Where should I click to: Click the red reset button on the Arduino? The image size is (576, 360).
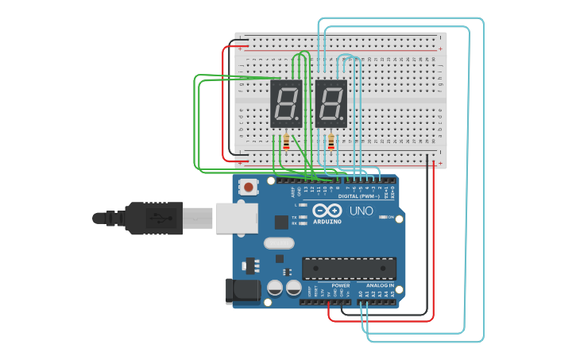click(249, 188)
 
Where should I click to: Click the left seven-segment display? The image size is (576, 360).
click(286, 103)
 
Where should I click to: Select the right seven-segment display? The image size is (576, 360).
click(331, 103)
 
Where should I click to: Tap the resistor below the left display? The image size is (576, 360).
click(286, 142)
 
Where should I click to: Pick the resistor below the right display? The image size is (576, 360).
click(331, 142)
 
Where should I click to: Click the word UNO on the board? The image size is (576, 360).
click(361, 211)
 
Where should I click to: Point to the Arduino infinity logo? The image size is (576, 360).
click(327, 211)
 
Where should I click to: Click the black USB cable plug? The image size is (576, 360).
click(159, 218)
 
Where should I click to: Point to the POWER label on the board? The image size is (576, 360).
click(340, 285)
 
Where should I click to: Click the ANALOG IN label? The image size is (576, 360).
click(380, 285)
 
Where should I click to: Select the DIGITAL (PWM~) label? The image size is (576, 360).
click(358, 195)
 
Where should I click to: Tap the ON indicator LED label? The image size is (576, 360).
click(391, 217)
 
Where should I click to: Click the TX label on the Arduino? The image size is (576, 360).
click(294, 217)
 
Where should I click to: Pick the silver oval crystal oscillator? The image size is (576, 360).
click(279, 243)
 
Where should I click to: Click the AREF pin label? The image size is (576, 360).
click(292, 192)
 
